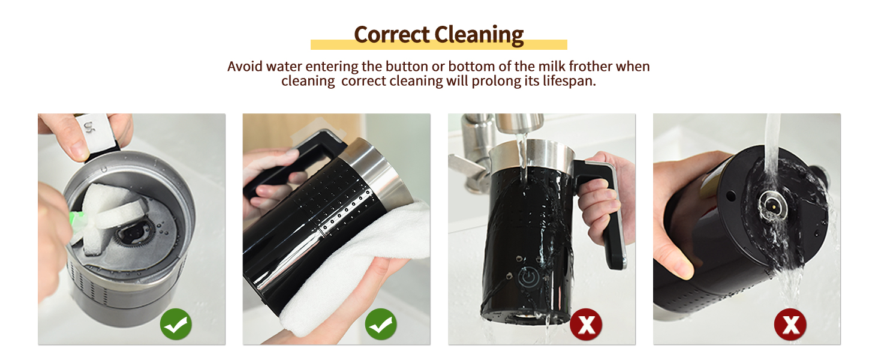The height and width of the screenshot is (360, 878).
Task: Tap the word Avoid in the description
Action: click(245, 66)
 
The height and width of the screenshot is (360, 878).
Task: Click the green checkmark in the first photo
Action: click(176, 325)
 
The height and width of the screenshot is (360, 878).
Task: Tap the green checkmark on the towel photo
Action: click(381, 325)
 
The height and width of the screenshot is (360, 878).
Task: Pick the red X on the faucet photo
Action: click(586, 325)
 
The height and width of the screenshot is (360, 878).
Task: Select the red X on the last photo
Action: click(790, 325)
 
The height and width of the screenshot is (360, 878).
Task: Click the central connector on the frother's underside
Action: click(769, 204)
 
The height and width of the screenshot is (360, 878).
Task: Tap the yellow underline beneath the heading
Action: click(438, 45)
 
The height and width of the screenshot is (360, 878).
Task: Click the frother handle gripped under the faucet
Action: click(609, 210)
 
